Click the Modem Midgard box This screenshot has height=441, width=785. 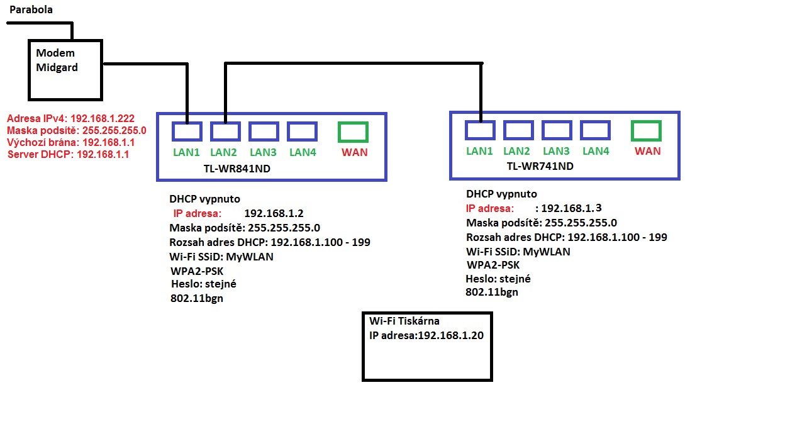pos(65,70)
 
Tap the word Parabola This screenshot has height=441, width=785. pos(31,9)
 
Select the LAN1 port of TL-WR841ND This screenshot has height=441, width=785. pos(187,131)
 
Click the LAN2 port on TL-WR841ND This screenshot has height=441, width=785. pos(225,131)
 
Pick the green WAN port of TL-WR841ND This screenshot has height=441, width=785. pos(353,131)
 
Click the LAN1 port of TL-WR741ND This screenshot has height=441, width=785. pos(480,130)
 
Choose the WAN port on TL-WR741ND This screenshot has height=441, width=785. pos(646,131)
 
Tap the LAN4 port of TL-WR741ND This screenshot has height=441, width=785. pos(595,130)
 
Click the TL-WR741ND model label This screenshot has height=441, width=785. pos(540,166)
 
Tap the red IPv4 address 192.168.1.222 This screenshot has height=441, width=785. pos(103,118)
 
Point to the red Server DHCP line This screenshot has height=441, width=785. pos(68,154)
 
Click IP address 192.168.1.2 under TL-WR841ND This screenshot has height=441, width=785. pos(274,213)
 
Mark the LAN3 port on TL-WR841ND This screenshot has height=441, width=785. pos(264,131)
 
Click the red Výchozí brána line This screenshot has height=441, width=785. pos(70,142)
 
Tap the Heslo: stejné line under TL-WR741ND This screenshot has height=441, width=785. pos(498,279)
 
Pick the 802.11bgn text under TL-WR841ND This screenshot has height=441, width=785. pos(197,298)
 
